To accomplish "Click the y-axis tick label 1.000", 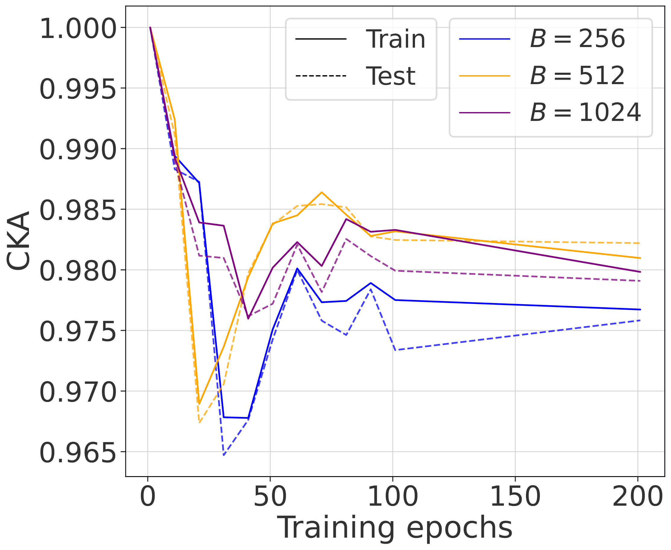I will (x=78, y=29).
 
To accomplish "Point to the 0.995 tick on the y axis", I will (x=78, y=89).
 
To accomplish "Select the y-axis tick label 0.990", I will (x=78, y=150).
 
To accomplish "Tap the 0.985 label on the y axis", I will (x=78, y=210).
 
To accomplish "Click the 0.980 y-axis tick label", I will (x=78, y=271).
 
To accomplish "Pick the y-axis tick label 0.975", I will (x=78, y=332).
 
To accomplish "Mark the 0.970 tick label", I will (x=78, y=392).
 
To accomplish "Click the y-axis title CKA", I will (x=18, y=241).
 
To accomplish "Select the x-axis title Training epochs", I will (x=395, y=528).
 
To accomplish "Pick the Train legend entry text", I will (x=395, y=39).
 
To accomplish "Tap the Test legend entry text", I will (x=390, y=76).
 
